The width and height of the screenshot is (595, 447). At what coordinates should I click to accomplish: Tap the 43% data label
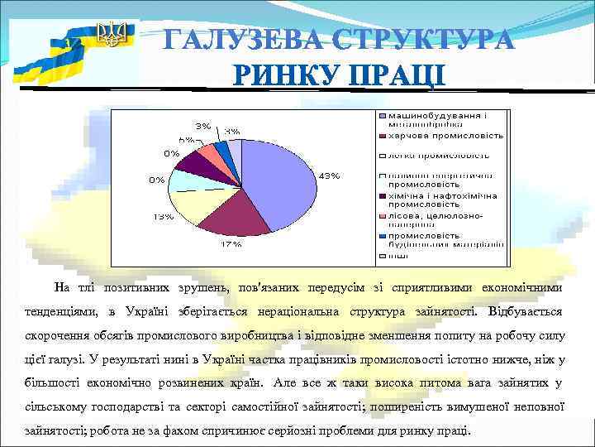coord(329,175)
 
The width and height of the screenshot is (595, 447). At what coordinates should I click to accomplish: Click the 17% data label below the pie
coord(231,245)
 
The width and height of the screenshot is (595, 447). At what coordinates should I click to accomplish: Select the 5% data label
coord(186,140)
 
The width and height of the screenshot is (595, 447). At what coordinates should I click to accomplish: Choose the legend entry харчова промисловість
coord(447,134)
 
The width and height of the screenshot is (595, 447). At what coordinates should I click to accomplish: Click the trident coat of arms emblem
coord(111,35)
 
